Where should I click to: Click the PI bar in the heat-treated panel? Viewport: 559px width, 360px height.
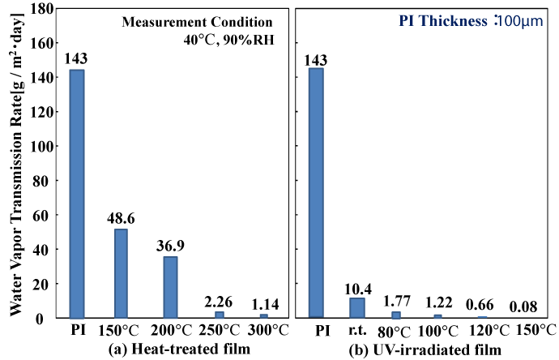(77, 194)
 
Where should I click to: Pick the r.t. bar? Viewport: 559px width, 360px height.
(357, 308)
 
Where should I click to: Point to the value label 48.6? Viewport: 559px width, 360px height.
(122, 218)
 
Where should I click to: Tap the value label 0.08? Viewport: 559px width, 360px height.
(526, 307)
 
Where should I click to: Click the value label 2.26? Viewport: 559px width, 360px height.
(219, 302)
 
